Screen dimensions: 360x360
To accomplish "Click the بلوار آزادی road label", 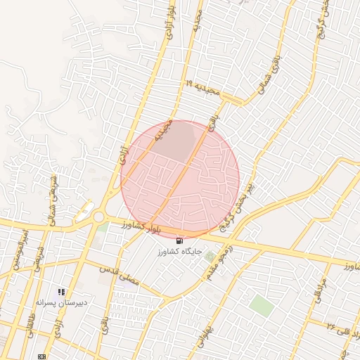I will click(170, 18).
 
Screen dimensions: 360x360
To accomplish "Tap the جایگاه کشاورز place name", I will click(183, 250).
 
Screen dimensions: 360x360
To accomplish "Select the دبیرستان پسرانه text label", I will click(63, 302).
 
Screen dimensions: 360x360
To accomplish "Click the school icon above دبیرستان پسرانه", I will click(62, 291).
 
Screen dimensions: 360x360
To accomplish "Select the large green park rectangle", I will click(262, 305).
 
